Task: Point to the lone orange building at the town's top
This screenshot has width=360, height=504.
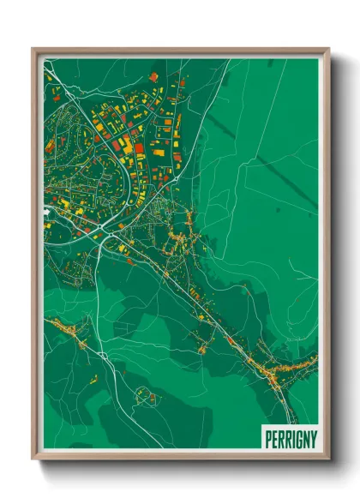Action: (154, 77)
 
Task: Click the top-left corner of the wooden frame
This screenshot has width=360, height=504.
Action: (33, 49)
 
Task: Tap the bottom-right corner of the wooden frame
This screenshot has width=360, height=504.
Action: (328, 459)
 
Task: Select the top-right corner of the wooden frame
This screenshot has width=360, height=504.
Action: (328, 49)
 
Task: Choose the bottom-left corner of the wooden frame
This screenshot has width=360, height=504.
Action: (33, 459)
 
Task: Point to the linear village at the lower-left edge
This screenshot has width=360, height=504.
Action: (69, 331)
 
